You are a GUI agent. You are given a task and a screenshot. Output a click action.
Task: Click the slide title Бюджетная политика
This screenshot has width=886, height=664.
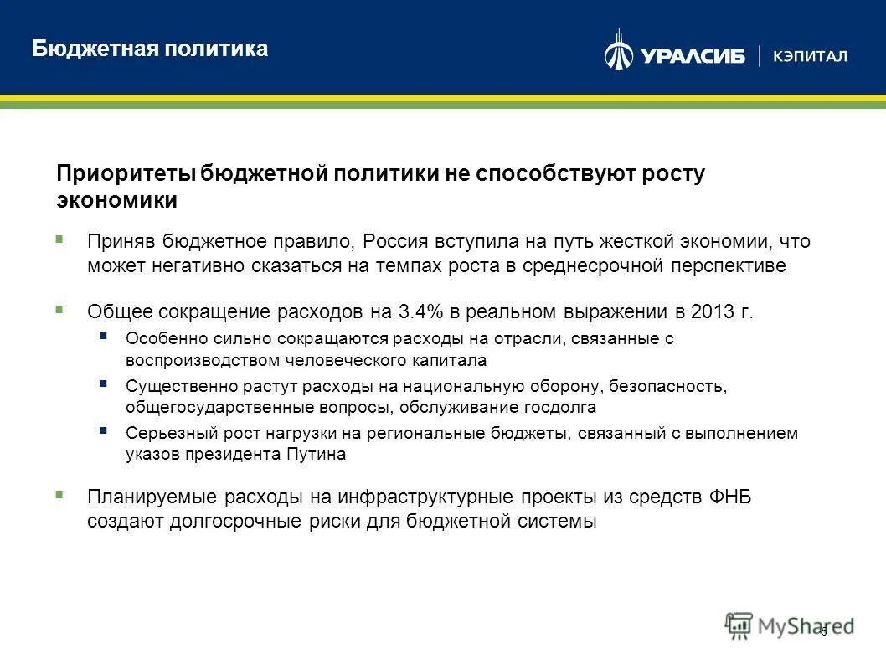[150, 49]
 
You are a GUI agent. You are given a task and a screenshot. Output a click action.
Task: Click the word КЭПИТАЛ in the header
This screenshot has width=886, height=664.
[810, 56]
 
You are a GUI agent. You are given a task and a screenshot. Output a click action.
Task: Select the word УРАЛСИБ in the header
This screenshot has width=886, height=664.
[693, 56]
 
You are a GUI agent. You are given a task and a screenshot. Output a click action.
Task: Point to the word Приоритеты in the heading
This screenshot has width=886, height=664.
[126, 173]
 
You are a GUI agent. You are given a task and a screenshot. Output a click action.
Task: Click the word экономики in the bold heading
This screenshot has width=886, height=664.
[116, 200]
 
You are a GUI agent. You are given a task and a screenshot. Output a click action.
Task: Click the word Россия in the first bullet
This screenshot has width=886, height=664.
[396, 242]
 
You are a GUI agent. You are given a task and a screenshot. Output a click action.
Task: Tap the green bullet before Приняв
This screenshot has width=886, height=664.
[59, 239]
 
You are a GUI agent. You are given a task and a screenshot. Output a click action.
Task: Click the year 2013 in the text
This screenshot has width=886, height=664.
[713, 312]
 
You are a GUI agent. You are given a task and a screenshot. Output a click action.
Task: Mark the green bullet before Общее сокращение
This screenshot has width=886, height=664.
[59, 309]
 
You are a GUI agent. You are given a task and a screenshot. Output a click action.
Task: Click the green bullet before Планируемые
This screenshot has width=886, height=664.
[59, 494]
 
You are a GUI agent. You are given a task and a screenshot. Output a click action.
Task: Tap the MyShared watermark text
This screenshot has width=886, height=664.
[804, 625]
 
